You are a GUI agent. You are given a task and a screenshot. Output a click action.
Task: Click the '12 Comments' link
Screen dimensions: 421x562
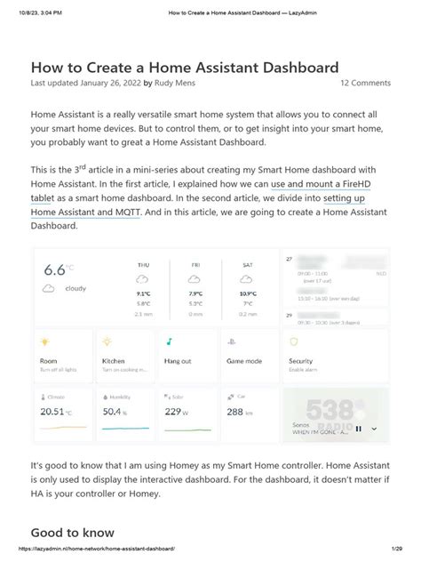[x=365, y=83]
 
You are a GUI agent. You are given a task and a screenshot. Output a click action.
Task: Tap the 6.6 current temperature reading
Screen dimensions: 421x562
[x=55, y=269]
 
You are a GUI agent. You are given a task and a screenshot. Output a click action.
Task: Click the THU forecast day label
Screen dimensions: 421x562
[x=143, y=265]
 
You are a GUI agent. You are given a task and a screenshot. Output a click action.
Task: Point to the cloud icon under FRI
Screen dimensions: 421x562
[x=196, y=280]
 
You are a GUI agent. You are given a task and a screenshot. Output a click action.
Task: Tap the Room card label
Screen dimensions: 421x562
[x=49, y=361]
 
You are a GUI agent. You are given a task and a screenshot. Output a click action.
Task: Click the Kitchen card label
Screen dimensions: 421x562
[x=114, y=361]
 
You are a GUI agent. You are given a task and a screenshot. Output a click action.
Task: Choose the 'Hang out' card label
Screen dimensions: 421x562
[x=178, y=361]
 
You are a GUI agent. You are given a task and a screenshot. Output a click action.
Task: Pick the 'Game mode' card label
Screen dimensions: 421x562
[x=244, y=361]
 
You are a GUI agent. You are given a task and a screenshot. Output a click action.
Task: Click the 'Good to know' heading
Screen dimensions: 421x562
[x=72, y=533]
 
